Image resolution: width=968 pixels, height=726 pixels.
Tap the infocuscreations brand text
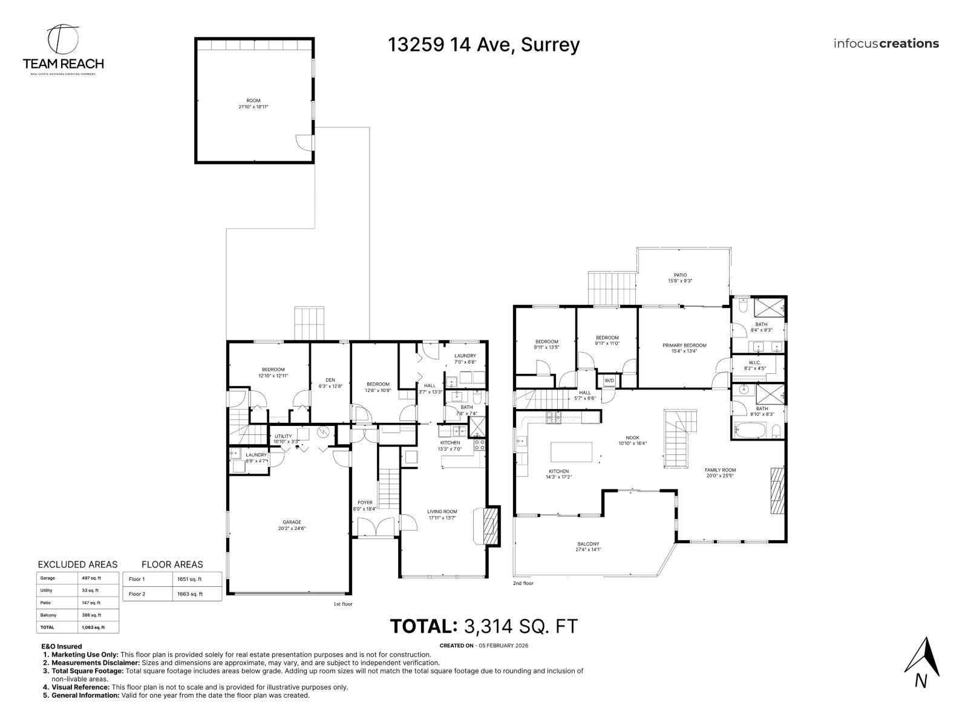(x=886, y=44)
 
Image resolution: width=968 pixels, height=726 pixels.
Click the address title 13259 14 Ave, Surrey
(x=483, y=45)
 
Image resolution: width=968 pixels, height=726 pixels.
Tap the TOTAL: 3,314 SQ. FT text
(x=483, y=626)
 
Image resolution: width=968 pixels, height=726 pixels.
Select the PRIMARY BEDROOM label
(x=684, y=348)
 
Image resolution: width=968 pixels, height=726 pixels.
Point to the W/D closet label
(x=608, y=381)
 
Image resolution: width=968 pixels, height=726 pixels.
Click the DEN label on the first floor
(x=330, y=382)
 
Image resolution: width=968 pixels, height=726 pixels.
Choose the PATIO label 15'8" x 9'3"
(x=681, y=278)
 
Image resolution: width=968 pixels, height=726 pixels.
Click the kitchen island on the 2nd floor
(x=572, y=451)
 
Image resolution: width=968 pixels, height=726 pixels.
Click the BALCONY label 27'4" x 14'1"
(x=588, y=546)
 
